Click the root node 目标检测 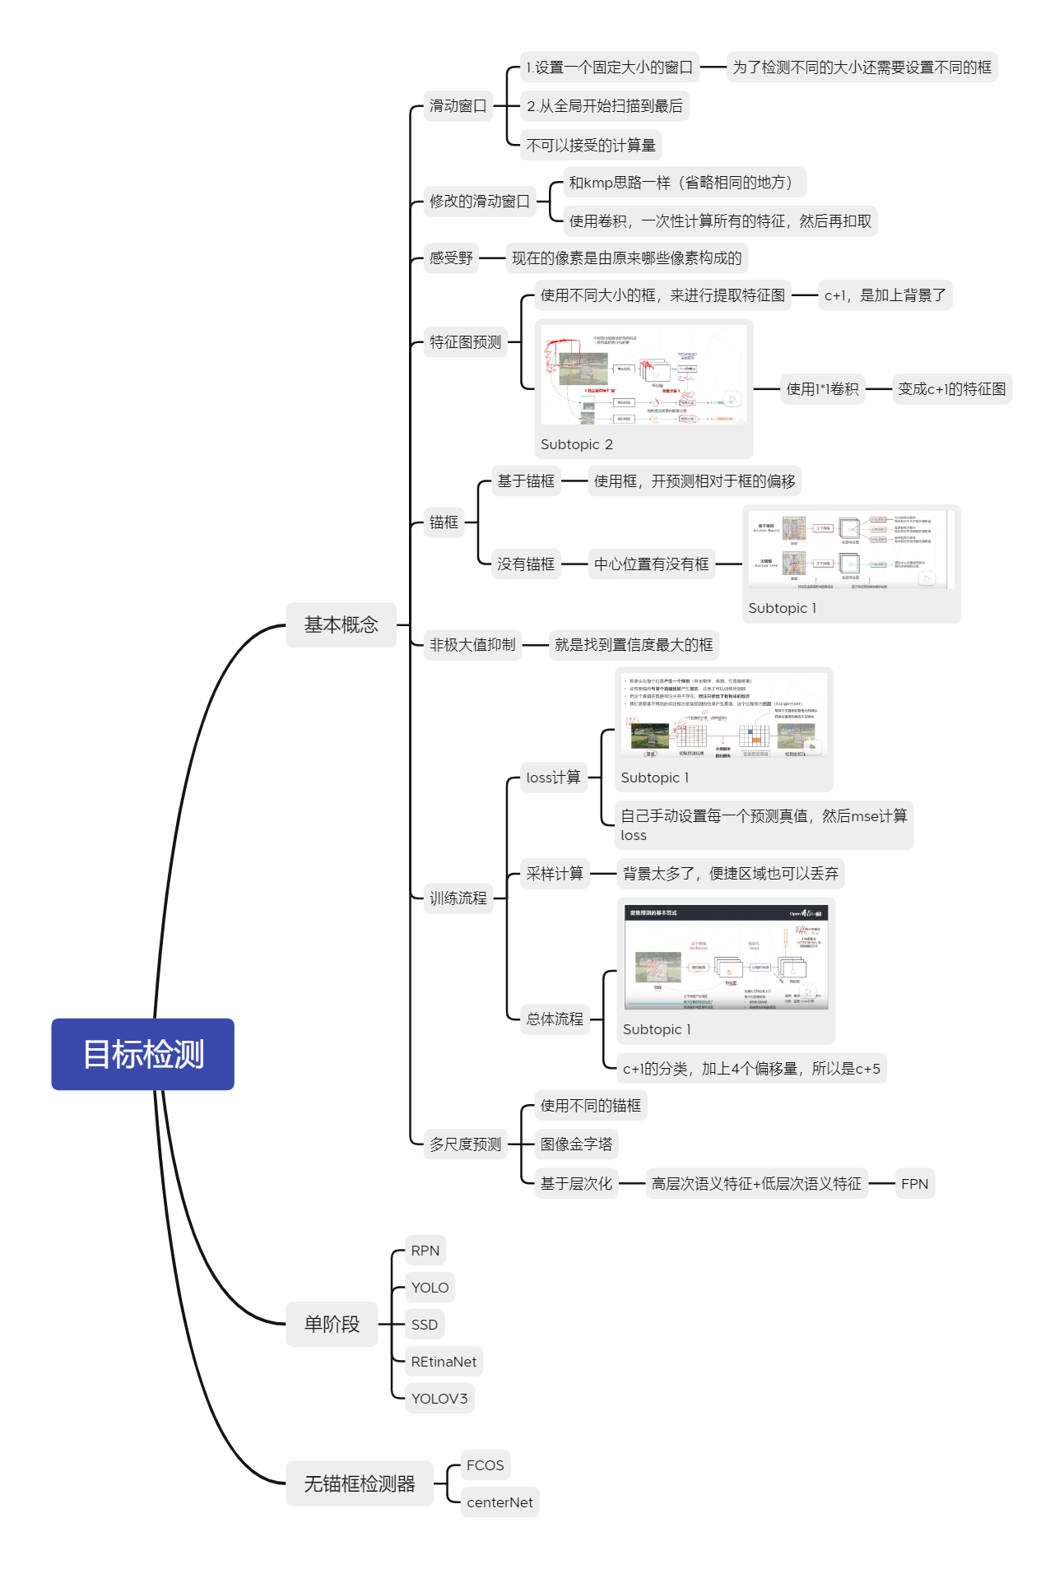pyautogui.click(x=142, y=1054)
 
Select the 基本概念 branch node pyautogui.click(x=341, y=624)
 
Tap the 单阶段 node pyautogui.click(x=332, y=1324)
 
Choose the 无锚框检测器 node pyautogui.click(x=360, y=1483)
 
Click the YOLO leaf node pyautogui.click(x=430, y=1288)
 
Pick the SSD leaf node pyautogui.click(x=425, y=1325)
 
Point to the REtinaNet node pyautogui.click(x=444, y=1362)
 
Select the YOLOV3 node pyautogui.click(x=439, y=1399)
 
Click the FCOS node pyautogui.click(x=485, y=1465)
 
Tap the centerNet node pyautogui.click(x=499, y=1502)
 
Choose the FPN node pyautogui.click(x=914, y=1184)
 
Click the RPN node pyautogui.click(x=425, y=1251)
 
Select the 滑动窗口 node pyautogui.click(x=458, y=106)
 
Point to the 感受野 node pyautogui.click(x=451, y=258)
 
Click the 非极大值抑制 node pyautogui.click(x=472, y=645)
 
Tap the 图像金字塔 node pyautogui.click(x=576, y=1144)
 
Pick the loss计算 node pyautogui.click(x=553, y=778)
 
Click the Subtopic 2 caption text pyautogui.click(x=576, y=444)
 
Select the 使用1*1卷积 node pyautogui.click(x=822, y=389)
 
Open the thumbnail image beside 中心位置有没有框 pyautogui.click(x=851, y=549)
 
